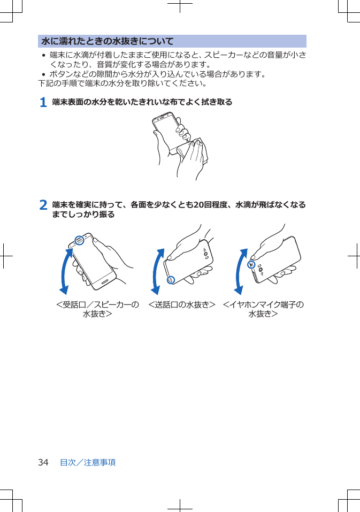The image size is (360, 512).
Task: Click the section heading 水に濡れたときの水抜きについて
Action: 108,41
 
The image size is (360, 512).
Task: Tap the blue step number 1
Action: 43,102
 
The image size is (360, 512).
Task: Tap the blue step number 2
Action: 43,205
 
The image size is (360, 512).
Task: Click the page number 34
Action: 43,462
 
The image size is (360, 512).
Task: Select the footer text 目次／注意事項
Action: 88,462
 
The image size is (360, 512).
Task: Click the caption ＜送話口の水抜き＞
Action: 181,305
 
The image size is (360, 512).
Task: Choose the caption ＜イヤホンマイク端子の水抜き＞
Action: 263,309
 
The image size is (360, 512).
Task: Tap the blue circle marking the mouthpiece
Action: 170,280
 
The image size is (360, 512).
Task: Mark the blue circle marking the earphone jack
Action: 251,264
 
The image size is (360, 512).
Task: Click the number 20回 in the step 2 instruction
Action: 202,205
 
